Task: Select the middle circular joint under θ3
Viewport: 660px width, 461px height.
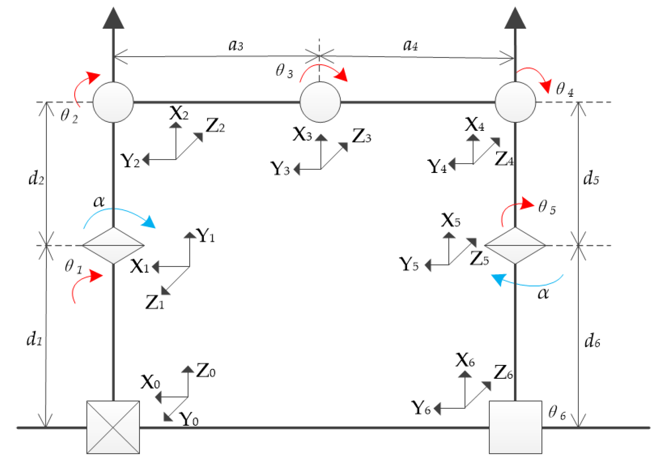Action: [x=320, y=102]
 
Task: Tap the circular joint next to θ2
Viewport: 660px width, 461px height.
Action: [x=113, y=102]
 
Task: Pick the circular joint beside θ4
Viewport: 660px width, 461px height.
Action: [x=515, y=102]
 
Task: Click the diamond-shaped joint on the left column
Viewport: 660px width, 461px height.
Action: [x=113, y=245]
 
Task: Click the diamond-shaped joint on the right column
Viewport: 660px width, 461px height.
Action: [x=515, y=245]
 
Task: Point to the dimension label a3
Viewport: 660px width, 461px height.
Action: [x=236, y=45]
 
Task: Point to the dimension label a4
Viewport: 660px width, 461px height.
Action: [x=410, y=45]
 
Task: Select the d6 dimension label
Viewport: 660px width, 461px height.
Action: [x=592, y=341]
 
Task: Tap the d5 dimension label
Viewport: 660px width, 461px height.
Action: [x=591, y=178]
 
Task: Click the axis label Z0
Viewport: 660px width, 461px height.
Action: [x=205, y=371]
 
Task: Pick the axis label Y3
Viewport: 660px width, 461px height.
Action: [x=280, y=169]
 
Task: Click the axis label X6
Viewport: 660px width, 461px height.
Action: [x=465, y=361]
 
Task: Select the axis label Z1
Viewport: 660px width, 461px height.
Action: [x=155, y=303]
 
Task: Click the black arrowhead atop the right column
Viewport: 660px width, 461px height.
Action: [x=515, y=18]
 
